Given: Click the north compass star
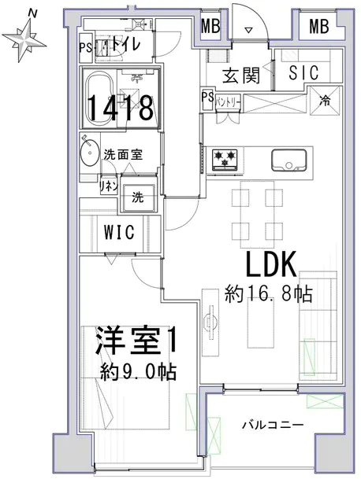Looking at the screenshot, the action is coord(24,39).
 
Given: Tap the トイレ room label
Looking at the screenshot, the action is coord(125,45).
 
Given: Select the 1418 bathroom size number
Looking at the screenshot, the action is coord(121,108).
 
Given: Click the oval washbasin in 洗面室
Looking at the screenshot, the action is coord(90,152).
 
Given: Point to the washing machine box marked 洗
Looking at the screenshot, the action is coord(139,194).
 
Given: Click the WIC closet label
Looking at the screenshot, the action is coord(119,233).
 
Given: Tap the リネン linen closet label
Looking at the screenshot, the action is coord(109,186).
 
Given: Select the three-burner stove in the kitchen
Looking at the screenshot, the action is coord(225,159).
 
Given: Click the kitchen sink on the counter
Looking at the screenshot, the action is coord(288,160).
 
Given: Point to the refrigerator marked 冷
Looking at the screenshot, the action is coord(326,101).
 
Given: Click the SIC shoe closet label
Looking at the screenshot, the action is coord(303,72).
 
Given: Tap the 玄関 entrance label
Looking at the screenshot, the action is coord(241,76).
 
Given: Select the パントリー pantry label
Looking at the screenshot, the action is coord(228,102).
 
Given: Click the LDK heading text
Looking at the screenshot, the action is coord(270,264).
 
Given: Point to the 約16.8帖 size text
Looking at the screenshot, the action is coord(269,294).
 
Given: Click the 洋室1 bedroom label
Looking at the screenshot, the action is coord(136,341).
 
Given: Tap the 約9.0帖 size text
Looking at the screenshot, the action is coord(139,372).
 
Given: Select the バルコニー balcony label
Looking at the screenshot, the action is coord(273,425).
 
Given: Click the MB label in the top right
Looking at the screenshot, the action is coord(318,26).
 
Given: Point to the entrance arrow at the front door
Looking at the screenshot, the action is coord(248,30).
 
